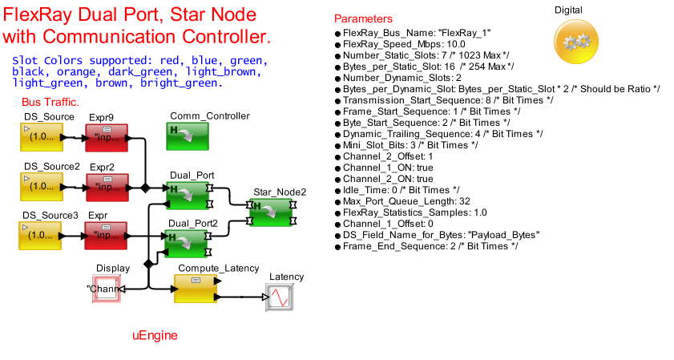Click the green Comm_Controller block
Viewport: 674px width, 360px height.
click(187, 137)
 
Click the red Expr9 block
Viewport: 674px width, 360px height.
click(107, 138)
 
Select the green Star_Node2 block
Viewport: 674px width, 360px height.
click(271, 212)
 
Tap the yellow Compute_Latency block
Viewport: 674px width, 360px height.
click(195, 289)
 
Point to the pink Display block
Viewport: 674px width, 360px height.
click(107, 289)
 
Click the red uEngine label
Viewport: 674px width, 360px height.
click(155, 335)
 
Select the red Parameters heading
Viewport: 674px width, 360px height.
click(363, 18)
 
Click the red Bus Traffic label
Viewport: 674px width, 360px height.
click(50, 102)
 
